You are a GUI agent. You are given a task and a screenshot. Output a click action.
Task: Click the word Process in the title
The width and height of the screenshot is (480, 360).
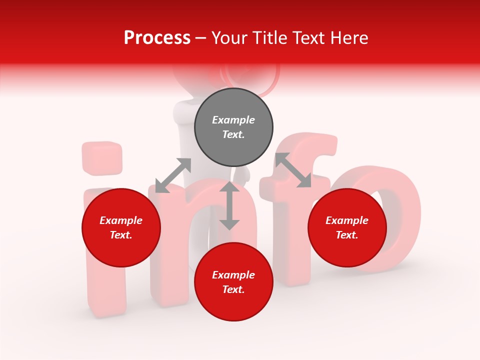point(157,38)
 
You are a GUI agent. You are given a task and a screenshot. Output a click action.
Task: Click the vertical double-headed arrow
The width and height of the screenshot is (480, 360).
point(229,206)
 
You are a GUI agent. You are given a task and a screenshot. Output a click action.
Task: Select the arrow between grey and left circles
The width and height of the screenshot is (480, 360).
point(173,175)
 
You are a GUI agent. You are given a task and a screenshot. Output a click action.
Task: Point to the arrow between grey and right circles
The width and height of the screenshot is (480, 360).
point(293,170)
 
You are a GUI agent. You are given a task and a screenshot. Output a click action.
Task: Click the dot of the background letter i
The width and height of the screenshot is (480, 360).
point(102,158)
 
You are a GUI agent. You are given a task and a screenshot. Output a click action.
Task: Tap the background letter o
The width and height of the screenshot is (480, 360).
point(395,220)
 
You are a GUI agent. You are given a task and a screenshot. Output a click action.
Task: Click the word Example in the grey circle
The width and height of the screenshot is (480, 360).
point(233,120)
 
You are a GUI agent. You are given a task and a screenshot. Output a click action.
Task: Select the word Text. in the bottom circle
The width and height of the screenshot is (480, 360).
point(233,289)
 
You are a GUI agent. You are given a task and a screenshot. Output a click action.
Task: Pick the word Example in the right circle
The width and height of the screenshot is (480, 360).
point(347,220)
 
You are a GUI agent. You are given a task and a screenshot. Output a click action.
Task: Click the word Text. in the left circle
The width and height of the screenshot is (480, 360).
point(121,235)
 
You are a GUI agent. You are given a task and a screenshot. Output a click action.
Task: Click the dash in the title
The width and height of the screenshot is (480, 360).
point(201,38)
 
